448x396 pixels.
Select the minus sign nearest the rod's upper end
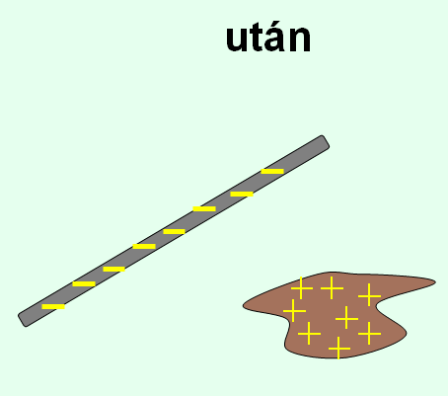(x=272, y=171)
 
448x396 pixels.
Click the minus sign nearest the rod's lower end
(x=53, y=307)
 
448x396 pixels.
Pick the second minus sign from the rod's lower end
(x=84, y=283)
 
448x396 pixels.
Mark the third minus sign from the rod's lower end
(x=113, y=270)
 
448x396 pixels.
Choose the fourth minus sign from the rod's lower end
(x=144, y=246)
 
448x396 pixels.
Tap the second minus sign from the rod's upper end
(x=242, y=195)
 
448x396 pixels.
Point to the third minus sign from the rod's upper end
(x=204, y=208)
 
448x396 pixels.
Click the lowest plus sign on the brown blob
(x=339, y=348)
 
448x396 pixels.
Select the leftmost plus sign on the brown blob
(x=294, y=310)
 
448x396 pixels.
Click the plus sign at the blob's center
(x=346, y=318)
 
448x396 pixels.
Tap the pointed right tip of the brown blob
(x=435, y=281)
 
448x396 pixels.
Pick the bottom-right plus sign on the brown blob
(x=369, y=334)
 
